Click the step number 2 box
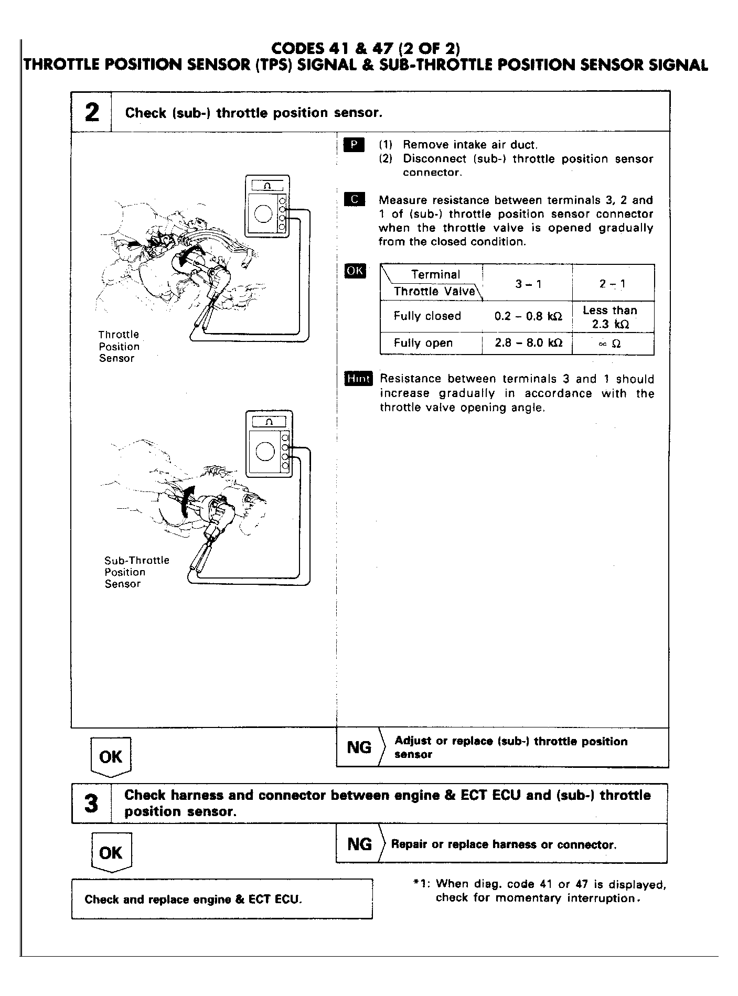[x=91, y=112]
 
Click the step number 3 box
[x=91, y=803]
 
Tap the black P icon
[x=354, y=145]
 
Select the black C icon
[x=354, y=200]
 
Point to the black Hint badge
[x=358, y=378]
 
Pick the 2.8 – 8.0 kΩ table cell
[x=528, y=343]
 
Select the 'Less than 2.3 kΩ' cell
[x=610, y=317]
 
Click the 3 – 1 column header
[x=528, y=284]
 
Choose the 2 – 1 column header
[x=612, y=284]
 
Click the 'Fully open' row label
[x=423, y=343]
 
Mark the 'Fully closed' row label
[x=427, y=316]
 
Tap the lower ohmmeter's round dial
[x=265, y=451]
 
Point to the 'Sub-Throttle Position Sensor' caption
[x=136, y=572]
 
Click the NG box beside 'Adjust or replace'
[x=359, y=747]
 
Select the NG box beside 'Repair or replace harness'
[x=359, y=844]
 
